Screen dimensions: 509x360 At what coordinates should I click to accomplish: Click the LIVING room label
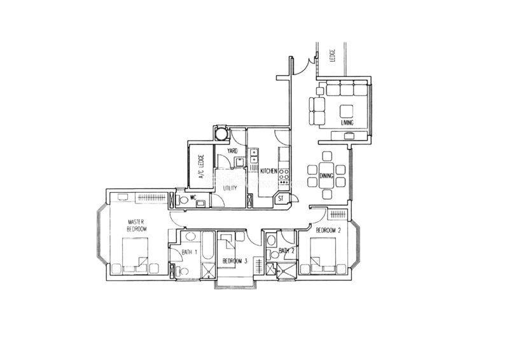[347, 123]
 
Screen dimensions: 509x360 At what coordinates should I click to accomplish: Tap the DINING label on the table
[326, 176]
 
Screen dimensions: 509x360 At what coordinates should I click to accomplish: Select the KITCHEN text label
[268, 170]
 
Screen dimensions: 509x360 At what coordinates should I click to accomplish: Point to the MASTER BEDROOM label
[136, 225]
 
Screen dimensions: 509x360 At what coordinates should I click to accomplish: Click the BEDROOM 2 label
[328, 231]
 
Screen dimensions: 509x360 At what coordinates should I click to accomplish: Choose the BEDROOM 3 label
[235, 260]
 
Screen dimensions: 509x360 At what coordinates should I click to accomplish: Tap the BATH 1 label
[190, 252]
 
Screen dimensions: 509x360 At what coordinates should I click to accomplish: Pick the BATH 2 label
[286, 251]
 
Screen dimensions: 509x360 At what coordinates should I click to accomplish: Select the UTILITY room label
[230, 188]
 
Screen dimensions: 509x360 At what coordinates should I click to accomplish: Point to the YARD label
[232, 151]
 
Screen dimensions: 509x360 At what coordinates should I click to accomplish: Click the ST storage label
[281, 199]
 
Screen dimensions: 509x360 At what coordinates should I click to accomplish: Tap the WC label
[193, 197]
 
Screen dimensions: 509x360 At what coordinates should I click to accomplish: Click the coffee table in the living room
[346, 111]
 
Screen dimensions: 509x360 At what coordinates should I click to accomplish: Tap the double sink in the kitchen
[253, 155]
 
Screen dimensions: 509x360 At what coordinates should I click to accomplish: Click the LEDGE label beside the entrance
[331, 55]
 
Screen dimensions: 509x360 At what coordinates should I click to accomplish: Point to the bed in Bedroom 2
[323, 254]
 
